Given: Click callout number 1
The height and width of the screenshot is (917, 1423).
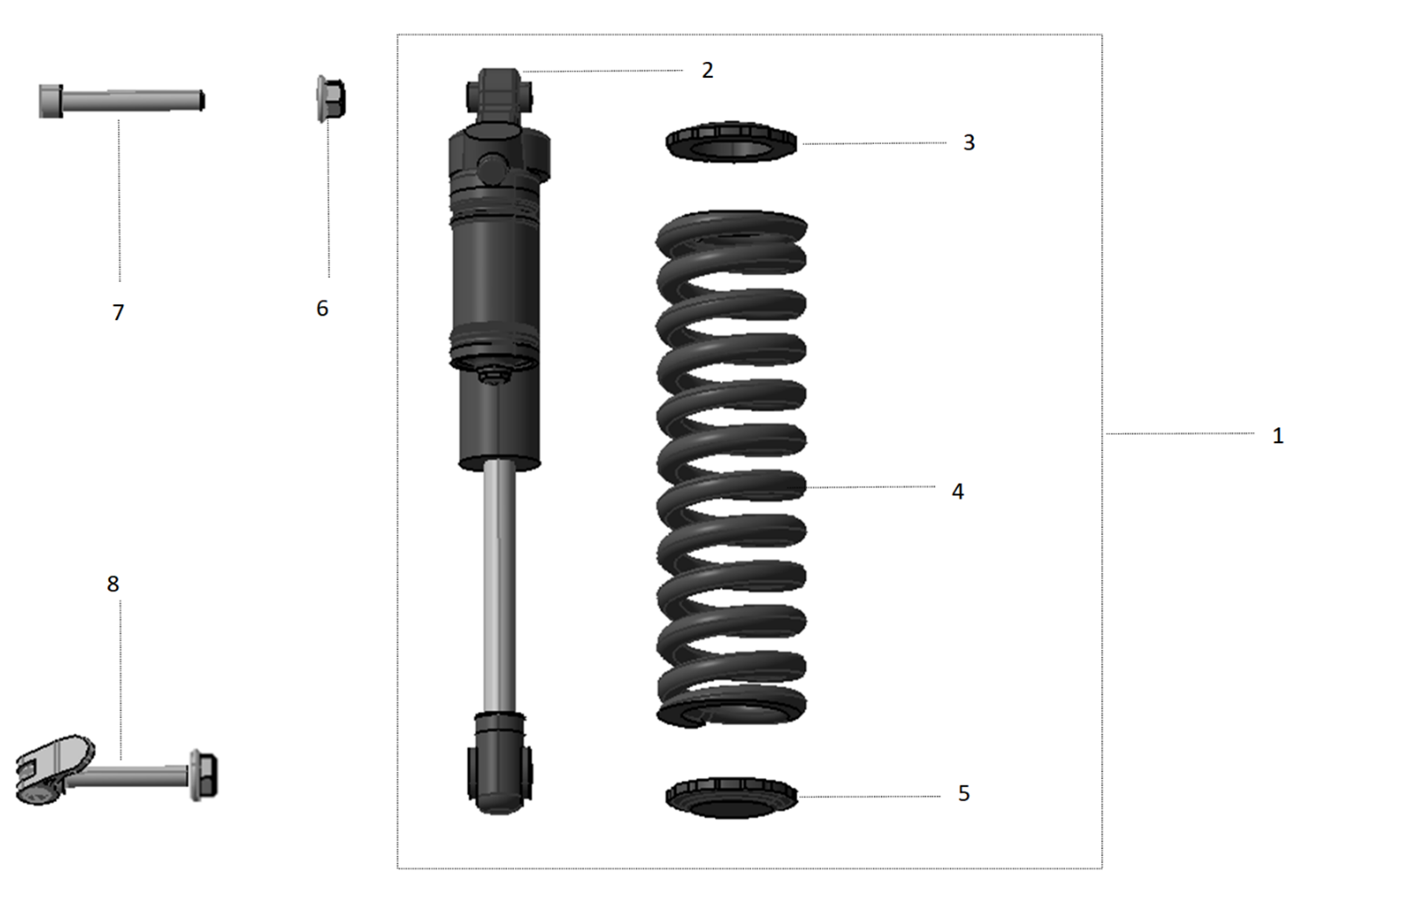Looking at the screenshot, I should click(x=1277, y=436).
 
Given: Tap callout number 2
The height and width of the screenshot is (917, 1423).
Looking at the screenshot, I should click(x=707, y=71).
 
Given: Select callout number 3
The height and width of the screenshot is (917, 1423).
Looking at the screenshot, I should click(x=969, y=143).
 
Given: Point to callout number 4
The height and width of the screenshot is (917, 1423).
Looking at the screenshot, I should click(x=957, y=492).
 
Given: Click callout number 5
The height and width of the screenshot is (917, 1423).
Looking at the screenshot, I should click(x=963, y=793).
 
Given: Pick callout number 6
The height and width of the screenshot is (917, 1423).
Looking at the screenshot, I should click(x=322, y=309).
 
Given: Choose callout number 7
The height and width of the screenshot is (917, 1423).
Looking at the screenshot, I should click(x=118, y=313).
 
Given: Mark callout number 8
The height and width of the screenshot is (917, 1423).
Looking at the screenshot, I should click(x=113, y=584).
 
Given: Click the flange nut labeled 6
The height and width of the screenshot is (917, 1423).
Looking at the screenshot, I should click(x=331, y=99).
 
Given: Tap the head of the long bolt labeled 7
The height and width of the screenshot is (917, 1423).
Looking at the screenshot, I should click(x=51, y=101).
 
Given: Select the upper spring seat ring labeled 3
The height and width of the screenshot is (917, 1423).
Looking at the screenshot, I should click(x=731, y=141).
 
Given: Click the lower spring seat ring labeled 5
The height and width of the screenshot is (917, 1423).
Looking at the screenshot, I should click(x=731, y=797).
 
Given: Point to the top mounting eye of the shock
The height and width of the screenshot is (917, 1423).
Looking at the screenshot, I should click(x=500, y=91).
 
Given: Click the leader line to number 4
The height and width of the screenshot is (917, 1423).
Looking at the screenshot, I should click(x=871, y=487).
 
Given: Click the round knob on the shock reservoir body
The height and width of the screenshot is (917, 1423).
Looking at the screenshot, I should click(x=492, y=169).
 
